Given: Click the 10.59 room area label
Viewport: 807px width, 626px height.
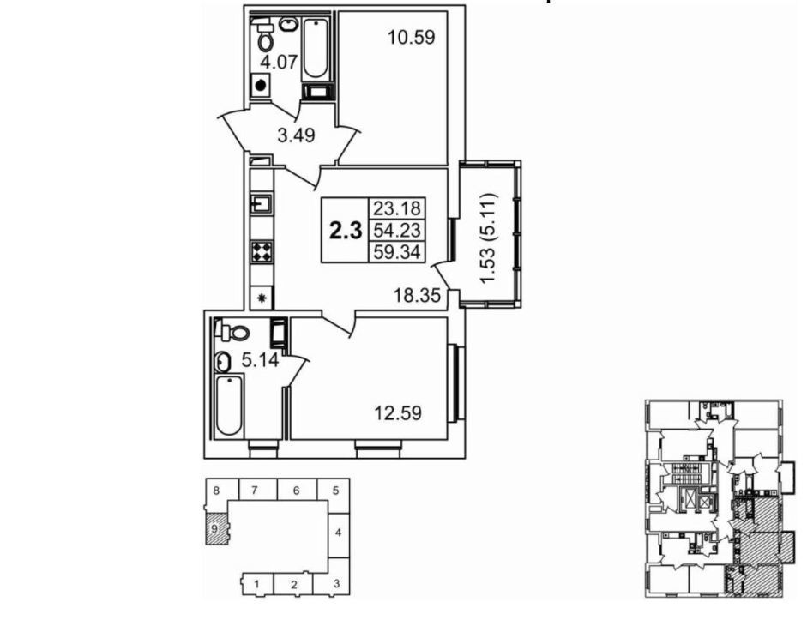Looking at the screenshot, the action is [x=412, y=38].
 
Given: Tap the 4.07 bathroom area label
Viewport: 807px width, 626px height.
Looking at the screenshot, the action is [x=279, y=63].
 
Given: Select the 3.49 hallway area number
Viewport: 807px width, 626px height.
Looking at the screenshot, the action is [x=296, y=135].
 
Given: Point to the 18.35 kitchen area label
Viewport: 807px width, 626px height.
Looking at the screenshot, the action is [x=418, y=296].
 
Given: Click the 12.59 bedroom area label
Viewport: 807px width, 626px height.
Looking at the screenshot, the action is [x=398, y=412].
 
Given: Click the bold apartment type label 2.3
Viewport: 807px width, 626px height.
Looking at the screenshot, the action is [x=346, y=231].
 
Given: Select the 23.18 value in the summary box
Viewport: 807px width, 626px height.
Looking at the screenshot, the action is [x=397, y=208].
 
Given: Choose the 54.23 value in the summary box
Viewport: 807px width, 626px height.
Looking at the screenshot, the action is [x=397, y=230].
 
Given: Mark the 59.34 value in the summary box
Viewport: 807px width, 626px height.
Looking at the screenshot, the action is [x=397, y=252].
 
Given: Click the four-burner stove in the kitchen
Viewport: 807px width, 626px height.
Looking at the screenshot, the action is [x=262, y=252].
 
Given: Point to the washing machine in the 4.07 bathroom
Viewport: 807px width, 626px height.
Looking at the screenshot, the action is [x=261, y=85].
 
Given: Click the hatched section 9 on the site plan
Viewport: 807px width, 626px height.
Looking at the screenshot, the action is [x=217, y=528].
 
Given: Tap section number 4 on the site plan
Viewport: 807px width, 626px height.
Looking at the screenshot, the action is [x=338, y=533].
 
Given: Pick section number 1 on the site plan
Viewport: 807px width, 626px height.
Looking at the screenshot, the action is [x=256, y=584].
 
